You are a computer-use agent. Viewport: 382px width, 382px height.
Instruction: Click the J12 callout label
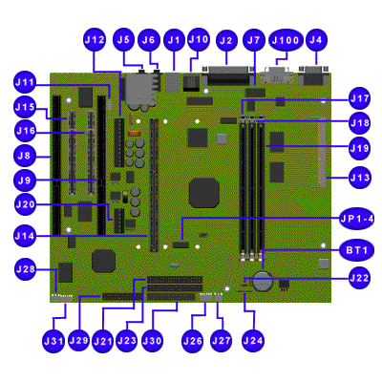[x=95, y=40]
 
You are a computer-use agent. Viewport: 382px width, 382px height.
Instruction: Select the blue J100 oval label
[x=286, y=40]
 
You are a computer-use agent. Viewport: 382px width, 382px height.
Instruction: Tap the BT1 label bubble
[x=357, y=250]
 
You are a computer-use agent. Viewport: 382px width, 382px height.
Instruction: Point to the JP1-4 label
[x=357, y=219]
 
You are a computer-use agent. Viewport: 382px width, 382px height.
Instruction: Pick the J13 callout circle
[x=360, y=178]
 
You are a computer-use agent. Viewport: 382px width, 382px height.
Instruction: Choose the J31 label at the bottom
[x=53, y=341]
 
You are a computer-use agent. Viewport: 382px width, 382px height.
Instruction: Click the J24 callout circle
[x=253, y=341]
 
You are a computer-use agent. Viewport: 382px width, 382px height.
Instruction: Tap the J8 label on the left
[x=25, y=156]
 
